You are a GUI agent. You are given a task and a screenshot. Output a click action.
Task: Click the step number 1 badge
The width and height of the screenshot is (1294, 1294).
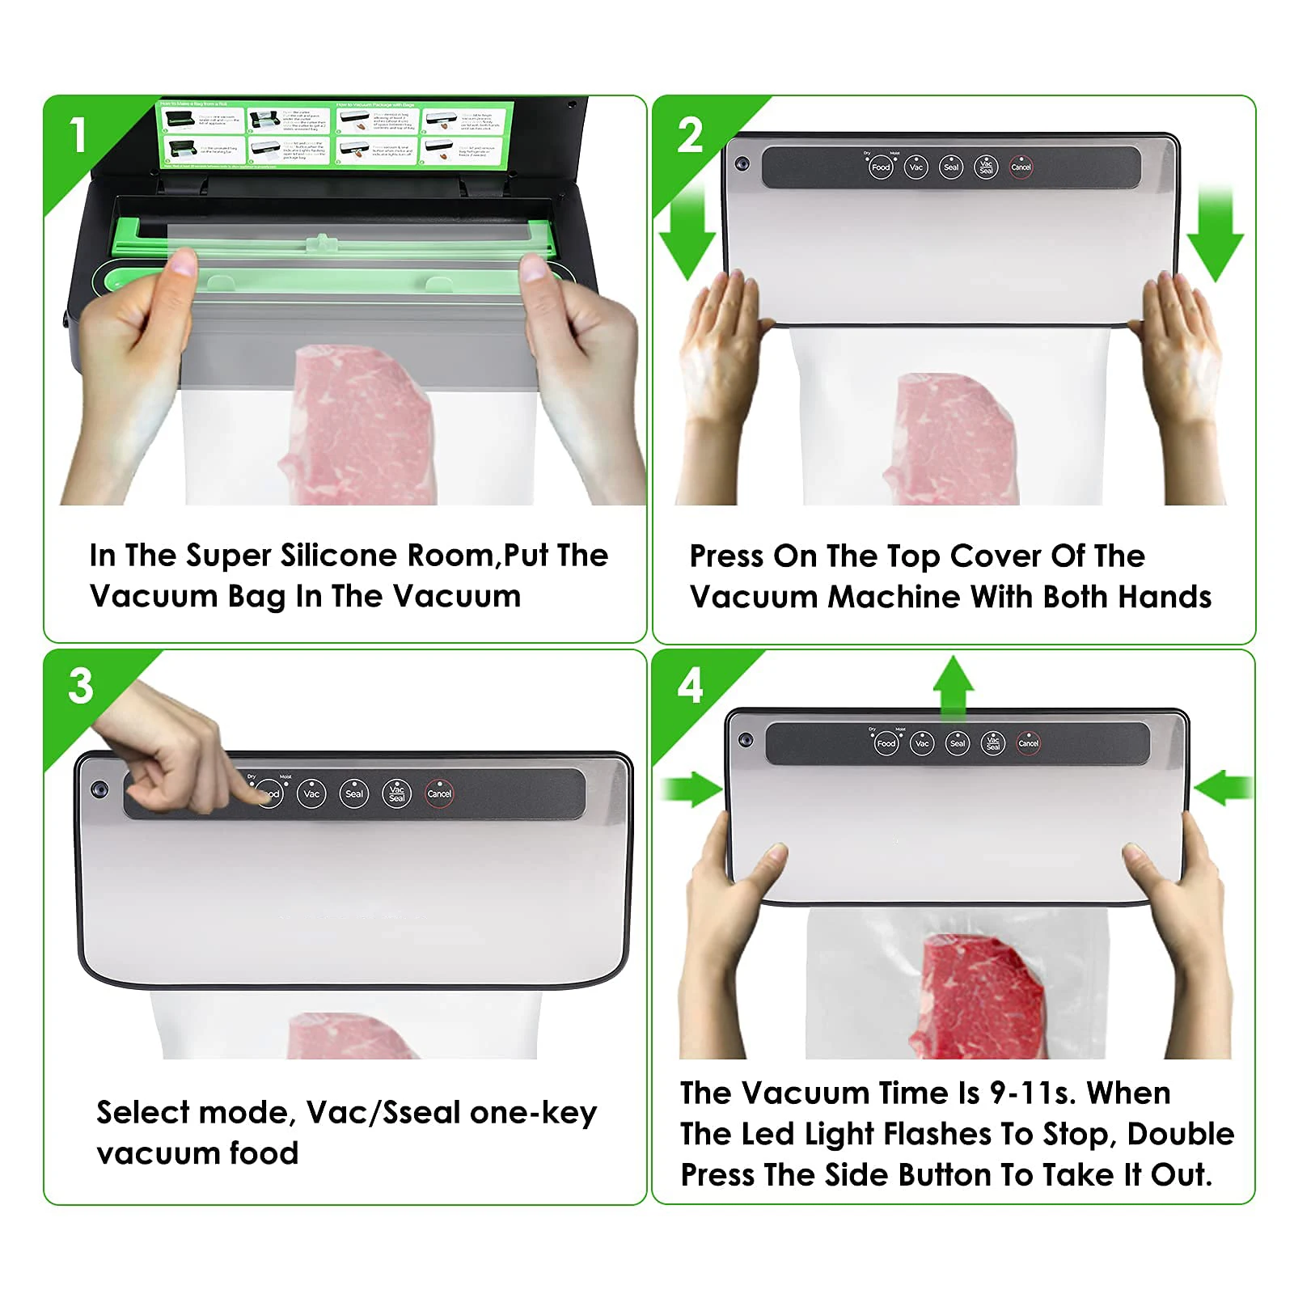click(x=78, y=134)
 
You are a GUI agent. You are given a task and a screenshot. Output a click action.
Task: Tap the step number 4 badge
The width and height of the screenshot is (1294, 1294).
click(x=690, y=687)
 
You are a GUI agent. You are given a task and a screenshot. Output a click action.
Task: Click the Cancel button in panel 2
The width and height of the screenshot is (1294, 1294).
click(x=1021, y=167)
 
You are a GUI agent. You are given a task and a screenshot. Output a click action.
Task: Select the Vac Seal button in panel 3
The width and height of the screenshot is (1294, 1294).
click(x=396, y=794)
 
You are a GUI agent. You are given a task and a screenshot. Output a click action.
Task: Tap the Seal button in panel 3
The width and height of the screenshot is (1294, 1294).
click(x=354, y=794)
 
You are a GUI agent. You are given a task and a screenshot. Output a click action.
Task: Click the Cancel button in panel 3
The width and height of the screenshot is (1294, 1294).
click(x=439, y=794)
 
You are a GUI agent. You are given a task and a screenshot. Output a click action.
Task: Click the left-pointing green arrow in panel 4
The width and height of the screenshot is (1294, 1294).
click(x=1223, y=787)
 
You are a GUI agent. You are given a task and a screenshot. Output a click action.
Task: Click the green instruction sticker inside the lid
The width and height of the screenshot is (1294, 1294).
click(x=333, y=134)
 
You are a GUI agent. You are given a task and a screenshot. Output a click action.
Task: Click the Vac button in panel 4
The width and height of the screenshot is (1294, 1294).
click(x=922, y=743)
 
